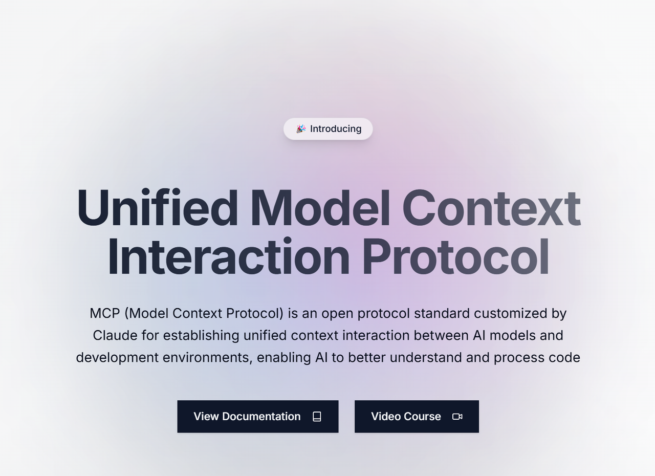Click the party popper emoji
click(x=301, y=129)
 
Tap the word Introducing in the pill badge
click(x=336, y=129)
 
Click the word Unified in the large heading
click(x=157, y=208)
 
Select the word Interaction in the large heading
click(x=229, y=257)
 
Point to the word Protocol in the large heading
click(x=455, y=257)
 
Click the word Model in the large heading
click(x=320, y=208)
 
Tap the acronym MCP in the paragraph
click(x=105, y=313)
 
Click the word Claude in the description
click(x=115, y=335)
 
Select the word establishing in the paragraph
click(x=201, y=335)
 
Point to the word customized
click(x=511, y=313)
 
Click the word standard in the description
click(x=442, y=313)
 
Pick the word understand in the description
click(x=426, y=358)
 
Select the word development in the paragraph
click(x=117, y=358)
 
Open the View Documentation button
click(x=258, y=416)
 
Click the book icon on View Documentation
click(x=317, y=416)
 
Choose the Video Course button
click(x=417, y=416)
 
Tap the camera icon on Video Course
click(x=457, y=416)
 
